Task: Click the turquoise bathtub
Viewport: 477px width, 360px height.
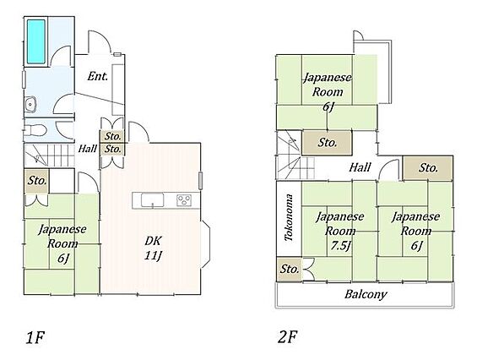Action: (x=36, y=41)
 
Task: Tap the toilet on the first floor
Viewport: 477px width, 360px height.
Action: (x=35, y=131)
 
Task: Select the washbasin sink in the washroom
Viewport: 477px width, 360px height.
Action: (x=30, y=105)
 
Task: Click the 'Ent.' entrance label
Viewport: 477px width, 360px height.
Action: (x=97, y=76)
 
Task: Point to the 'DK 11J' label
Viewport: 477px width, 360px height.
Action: (x=153, y=248)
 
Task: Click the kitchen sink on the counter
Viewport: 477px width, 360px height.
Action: (x=153, y=200)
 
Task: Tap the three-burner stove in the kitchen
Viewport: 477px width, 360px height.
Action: (x=184, y=200)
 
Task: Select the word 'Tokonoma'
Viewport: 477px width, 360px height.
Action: (x=289, y=217)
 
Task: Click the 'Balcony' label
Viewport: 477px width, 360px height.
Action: (x=366, y=294)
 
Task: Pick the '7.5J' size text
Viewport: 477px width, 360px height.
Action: (x=340, y=245)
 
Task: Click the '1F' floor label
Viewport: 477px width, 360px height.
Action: (x=35, y=337)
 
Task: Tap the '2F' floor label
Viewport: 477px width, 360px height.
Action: (x=287, y=337)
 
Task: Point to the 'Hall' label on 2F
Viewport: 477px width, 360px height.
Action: (x=360, y=167)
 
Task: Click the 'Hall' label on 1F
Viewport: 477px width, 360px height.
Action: (x=87, y=149)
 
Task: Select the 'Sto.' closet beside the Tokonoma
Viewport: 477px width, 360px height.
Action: (x=289, y=269)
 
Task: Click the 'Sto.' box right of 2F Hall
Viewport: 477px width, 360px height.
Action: (x=428, y=168)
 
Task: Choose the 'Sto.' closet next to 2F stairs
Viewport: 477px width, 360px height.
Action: (x=327, y=143)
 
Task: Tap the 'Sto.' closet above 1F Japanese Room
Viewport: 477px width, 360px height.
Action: (x=36, y=181)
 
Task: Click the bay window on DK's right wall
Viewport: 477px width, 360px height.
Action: (x=206, y=244)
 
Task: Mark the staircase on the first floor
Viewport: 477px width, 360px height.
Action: (x=49, y=155)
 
